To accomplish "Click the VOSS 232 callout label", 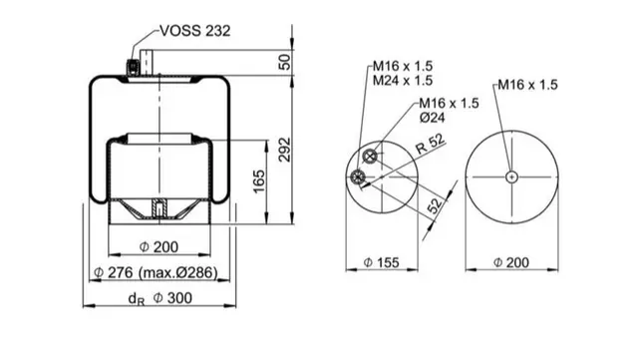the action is (195, 31).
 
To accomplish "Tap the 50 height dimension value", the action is (285, 62).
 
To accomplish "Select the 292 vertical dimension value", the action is (285, 150).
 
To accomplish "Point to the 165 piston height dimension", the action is (259, 181).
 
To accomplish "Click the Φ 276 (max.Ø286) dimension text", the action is (156, 272).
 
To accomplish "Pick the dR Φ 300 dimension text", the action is (159, 298).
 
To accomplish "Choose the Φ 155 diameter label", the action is (381, 262).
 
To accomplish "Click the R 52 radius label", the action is (430, 145).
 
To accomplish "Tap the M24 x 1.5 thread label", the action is (403, 80).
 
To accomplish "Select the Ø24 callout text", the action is (432, 118).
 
